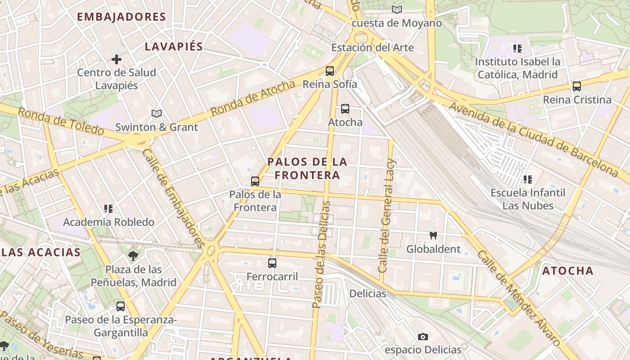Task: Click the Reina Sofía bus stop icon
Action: (x=330, y=71)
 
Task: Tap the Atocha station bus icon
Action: (x=345, y=109)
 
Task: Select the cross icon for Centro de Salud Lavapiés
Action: (x=117, y=59)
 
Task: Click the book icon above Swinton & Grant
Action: (x=156, y=114)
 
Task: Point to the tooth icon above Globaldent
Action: (x=433, y=235)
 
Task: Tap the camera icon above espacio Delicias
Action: (x=423, y=337)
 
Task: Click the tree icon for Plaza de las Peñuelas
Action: (x=133, y=256)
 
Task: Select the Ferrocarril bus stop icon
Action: (x=272, y=263)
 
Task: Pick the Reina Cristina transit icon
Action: (x=577, y=86)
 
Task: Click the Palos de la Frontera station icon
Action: (x=255, y=181)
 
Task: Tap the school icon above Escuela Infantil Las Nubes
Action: (x=527, y=180)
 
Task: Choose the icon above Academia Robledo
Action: (x=108, y=208)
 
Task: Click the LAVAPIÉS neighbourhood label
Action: (x=174, y=47)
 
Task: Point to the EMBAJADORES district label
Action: (x=121, y=17)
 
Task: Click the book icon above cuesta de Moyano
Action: (x=396, y=9)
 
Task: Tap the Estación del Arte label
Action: (x=373, y=48)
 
